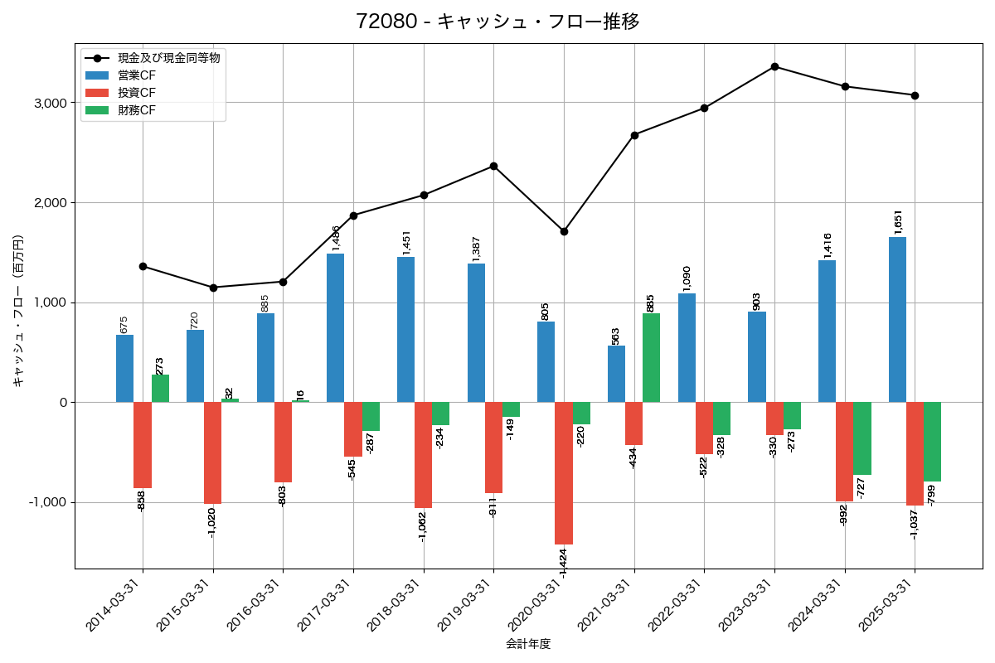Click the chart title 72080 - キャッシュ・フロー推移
pos(498,22)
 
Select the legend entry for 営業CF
pos(136,75)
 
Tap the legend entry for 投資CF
pos(136,93)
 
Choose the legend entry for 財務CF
pos(136,110)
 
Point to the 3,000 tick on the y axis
pos(50,103)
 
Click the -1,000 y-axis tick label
pos(47,502)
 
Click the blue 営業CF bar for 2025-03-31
pos(897,319)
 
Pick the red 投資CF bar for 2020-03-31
pos(564,472)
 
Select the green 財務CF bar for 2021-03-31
pos(651,358)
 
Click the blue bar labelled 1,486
pos(335,327)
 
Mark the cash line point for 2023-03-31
pos(774,66)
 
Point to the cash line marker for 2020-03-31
pos(564,231)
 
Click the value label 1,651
pos(898,222)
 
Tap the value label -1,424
pos(563,562)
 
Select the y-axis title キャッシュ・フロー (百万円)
pos(18,311)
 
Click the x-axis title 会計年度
pos(528,644)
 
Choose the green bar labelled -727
pos(862,438)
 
